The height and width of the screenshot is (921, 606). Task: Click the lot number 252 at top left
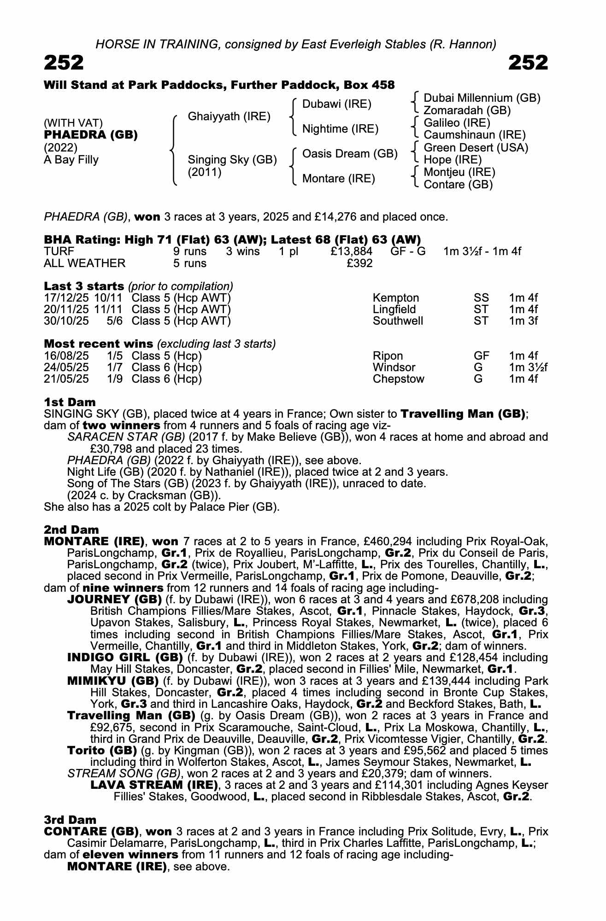point(64,63)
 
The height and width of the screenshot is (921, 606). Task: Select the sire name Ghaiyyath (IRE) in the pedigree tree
point(229,117)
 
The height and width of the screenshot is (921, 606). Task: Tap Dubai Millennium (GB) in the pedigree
point(482,98)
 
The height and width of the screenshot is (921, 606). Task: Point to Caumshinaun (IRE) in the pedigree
point(474,135)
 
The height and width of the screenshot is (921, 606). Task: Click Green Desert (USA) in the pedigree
point(476,148)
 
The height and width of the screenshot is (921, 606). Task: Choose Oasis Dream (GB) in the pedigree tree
point(350,154)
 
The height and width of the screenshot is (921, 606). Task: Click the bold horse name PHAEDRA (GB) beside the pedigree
point(91,135)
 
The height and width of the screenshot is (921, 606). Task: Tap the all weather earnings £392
point(359,263)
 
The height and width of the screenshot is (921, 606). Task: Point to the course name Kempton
point(396,298)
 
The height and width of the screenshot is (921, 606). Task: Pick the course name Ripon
point(388,356)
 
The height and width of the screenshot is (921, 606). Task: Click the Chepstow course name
point(398,379)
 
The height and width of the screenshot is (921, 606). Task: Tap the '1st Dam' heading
point(70,402)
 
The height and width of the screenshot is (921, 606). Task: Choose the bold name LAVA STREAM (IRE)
point(154,785)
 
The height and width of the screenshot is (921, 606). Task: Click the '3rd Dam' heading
point(70,820)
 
